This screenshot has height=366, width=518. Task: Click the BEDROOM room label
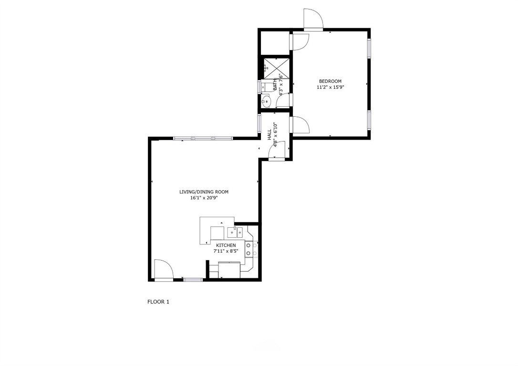pyautogui.click(x=330, y=81)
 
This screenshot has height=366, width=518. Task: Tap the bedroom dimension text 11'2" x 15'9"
pyautogui.click(x=330, y=87)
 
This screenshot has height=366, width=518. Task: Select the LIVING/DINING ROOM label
pyautogui.click(x=204, y=192)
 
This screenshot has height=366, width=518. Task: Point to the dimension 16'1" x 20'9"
pyautogui.click(x=204, y=198)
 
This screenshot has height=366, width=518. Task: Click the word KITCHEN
pyautogui.click(x=226, y=245)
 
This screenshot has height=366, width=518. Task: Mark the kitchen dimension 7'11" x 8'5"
pyautogui.click(x=226, y=251)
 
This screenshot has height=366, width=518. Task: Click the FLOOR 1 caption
pyautogui.click(x=158, y=302)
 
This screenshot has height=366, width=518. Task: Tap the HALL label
pyautogui.click(x=269, y=134)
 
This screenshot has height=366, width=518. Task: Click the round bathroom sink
pyautogui.click(x=266, y=101)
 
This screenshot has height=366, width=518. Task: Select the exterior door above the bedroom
pyautogui.click(x=314, y=20)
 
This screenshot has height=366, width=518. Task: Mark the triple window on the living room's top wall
pyautogui.click(x=203, y=139)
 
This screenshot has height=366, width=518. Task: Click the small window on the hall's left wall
pyautogui.click(x=259, y=122)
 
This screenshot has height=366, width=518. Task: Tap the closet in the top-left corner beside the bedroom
pyautogui.click(x=275, y=43)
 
